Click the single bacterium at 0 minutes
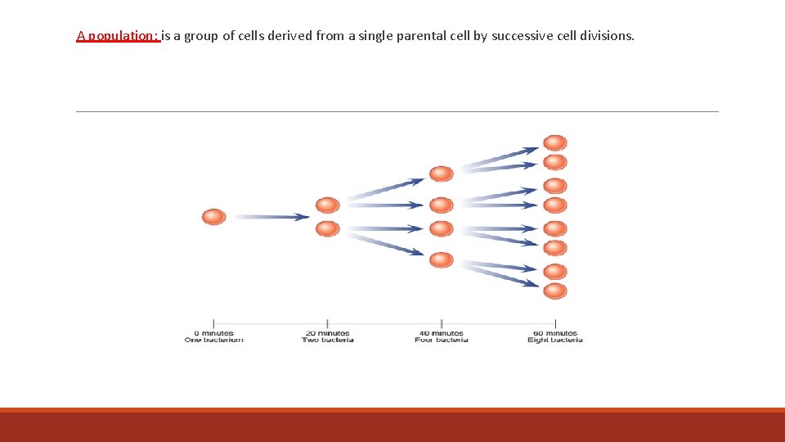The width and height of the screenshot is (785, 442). pos(213,217)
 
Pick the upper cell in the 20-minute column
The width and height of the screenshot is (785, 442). pos(327,205)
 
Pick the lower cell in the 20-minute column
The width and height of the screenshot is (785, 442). pos(327,228)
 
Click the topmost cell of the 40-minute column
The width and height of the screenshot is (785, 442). pos(441,174)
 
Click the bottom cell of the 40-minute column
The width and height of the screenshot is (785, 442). pos(441,259)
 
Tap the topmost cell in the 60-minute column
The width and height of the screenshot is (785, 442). pos(555,143)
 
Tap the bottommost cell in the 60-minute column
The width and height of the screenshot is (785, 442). pos(555,291)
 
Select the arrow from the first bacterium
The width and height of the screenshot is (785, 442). pos(270,217)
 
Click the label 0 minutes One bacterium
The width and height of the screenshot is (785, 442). pos(213,336)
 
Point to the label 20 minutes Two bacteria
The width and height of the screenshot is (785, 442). pos(327,336)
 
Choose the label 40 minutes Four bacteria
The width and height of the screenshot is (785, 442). pos(442,336)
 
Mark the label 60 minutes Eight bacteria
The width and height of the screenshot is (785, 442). pos(555,336)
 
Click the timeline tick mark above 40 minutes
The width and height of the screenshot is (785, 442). pos(442,323)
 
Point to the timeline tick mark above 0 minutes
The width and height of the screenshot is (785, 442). pos(213,323)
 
